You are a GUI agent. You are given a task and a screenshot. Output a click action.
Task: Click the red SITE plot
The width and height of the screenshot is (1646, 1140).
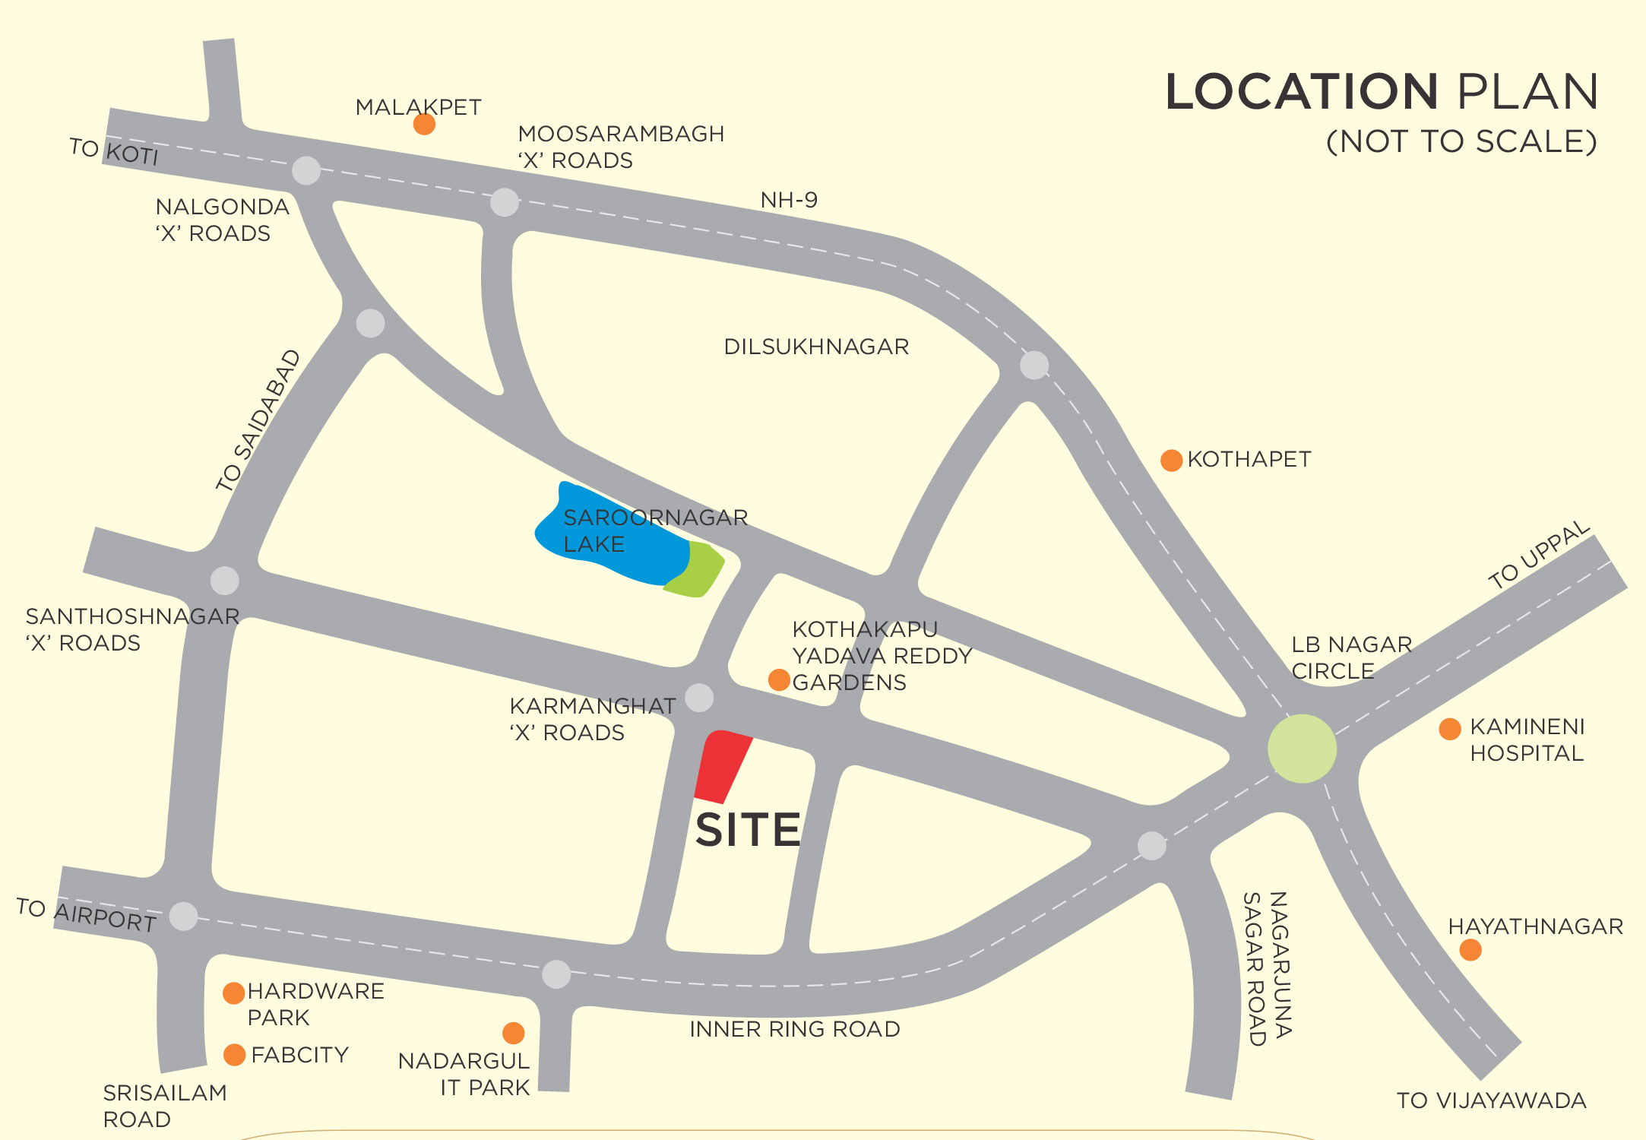click(722, 766)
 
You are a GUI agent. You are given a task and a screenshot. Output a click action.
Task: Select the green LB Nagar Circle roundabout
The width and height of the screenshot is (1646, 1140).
click(1302, 749)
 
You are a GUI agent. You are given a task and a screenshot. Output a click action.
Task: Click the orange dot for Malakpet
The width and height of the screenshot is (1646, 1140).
click(424, 124)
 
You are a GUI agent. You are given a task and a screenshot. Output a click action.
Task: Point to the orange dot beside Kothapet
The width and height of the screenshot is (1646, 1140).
click(1171, 460)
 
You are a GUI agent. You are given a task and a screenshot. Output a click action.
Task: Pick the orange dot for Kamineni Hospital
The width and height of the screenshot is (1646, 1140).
click(1450, 729)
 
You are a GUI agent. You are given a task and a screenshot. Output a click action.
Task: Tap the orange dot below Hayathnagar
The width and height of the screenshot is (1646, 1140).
click(1470, 950)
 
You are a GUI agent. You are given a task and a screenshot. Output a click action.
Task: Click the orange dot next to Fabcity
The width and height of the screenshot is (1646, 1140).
click(234, 1055)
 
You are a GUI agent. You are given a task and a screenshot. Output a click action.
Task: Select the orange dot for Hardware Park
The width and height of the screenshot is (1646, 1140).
click(233, 993)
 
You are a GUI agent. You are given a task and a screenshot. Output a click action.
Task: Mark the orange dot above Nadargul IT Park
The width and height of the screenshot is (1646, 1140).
click(514, 1033)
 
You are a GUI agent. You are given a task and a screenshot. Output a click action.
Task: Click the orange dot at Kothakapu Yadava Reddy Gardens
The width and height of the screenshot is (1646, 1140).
click(779, 679)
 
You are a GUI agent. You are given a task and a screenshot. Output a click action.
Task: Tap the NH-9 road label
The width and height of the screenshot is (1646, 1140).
click(789, 200)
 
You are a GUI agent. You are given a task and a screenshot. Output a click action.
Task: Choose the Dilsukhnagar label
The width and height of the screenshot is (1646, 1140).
click(816, 347)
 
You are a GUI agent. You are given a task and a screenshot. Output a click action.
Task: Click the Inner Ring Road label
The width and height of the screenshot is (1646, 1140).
click(795, 1029)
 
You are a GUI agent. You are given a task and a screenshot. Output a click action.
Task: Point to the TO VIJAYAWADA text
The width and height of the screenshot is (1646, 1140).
click(1491, 1100)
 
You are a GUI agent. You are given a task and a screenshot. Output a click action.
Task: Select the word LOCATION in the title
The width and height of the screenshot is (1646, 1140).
click(1302, 92)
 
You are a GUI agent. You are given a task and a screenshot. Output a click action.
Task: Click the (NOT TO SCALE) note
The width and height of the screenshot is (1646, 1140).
click(1461, 141)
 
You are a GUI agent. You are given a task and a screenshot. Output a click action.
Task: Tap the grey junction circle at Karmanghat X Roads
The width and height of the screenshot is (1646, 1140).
click(699, 697)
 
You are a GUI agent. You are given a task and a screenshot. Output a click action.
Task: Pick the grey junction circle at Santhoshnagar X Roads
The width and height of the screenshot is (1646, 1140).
click(224, 581)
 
